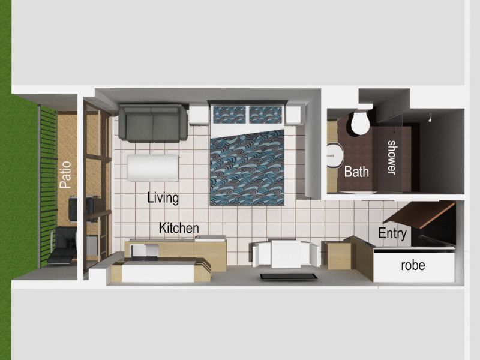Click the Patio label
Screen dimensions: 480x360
(65, 175)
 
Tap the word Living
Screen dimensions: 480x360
(163, 198)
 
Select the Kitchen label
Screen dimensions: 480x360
(179, 228)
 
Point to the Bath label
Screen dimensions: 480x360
(356, 172)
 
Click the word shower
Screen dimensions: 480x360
(392, 158)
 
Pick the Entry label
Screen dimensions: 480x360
(392, 233)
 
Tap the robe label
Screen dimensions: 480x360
(413, 265)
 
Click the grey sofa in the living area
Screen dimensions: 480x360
(153, 123)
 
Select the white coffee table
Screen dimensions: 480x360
(153, 168)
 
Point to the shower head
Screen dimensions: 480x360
(430, 118)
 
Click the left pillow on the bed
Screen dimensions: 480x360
(229, 114)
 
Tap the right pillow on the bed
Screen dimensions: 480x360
(265, 115)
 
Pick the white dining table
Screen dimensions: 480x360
(286, 253)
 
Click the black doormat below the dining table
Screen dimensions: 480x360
(289, 277)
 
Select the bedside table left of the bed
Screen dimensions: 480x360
(199, 115)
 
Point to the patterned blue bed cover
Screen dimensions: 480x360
(247, 168)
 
